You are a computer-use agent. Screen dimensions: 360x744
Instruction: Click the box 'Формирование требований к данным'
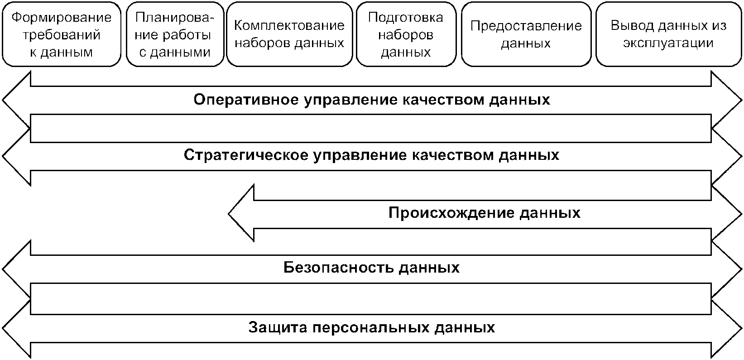(x=62, y=34)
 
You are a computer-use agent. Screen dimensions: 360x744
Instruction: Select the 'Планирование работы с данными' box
(x=175, y=34)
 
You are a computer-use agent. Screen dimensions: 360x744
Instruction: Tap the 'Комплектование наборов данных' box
(x=289, y=34)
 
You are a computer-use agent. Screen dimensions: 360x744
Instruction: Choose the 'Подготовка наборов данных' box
(x=405, y=34)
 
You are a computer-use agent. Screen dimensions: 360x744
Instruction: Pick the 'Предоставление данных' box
(x=526, y=34)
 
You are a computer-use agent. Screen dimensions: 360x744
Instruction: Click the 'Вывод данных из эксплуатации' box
(x=668, y=34)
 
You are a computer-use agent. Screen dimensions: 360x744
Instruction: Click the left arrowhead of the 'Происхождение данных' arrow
(x=242, y=213)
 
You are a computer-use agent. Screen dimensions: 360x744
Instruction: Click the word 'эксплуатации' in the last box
(x=668, y=43)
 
